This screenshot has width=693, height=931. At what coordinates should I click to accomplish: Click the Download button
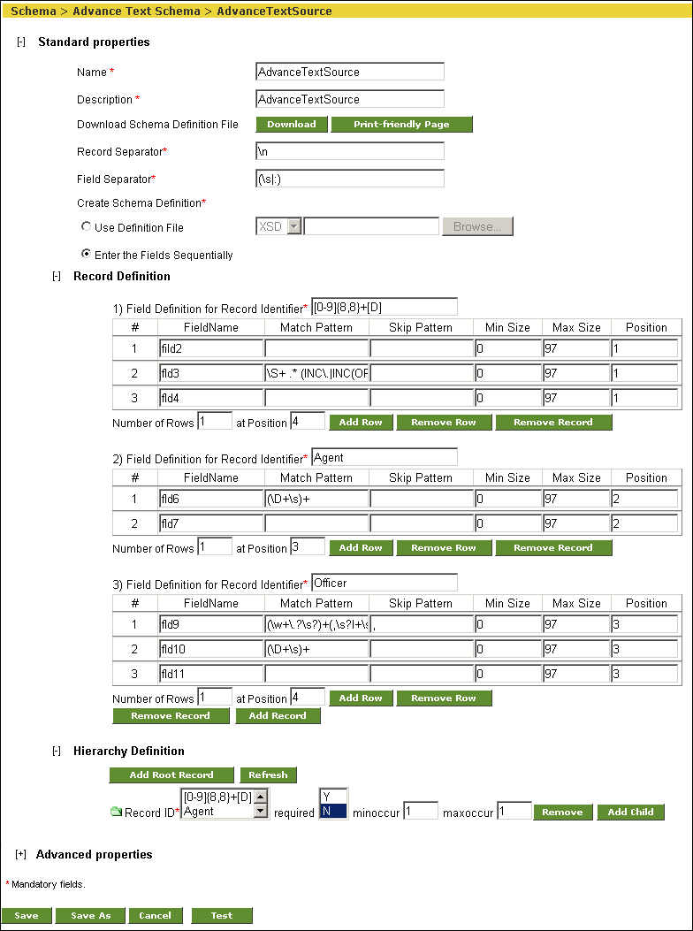[292, 125]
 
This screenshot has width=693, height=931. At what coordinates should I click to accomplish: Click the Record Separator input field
[349, 152]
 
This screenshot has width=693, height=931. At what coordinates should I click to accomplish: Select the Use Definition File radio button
[87, 227]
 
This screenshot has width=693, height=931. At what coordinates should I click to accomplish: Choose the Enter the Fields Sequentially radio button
[87, 254]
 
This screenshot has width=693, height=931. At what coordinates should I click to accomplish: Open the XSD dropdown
[294, 227]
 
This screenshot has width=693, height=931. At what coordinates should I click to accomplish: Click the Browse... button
[477, 227]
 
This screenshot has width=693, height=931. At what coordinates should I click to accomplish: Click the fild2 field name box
[211, 348]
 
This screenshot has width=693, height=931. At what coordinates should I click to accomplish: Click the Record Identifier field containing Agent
[385, 458]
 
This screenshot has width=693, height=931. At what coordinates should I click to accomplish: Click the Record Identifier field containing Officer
[385, 584]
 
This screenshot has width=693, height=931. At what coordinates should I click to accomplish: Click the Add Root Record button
[171, 775]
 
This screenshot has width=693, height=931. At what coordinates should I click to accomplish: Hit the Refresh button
[268, 775]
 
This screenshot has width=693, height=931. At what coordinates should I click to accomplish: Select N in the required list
[333, 811]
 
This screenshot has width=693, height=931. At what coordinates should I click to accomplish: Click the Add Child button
[630, 812]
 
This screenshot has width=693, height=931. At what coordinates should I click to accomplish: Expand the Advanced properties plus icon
[21, 854]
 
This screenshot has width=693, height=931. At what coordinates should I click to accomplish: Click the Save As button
[91, 915]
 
